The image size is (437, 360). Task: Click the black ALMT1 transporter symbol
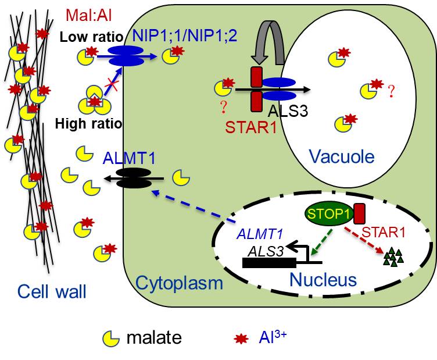(x=133, y=178)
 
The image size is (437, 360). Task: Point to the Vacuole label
(x=342, y=155)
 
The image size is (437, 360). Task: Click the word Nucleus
(x=323, y=279)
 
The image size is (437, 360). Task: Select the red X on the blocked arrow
(x=109, y=87)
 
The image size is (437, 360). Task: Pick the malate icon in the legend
(x=108, y=337)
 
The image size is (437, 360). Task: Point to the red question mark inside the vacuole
(x=391, y=91)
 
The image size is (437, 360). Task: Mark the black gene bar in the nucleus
(x=268, y=262)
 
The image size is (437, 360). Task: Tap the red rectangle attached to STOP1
(x=359, y=213)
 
